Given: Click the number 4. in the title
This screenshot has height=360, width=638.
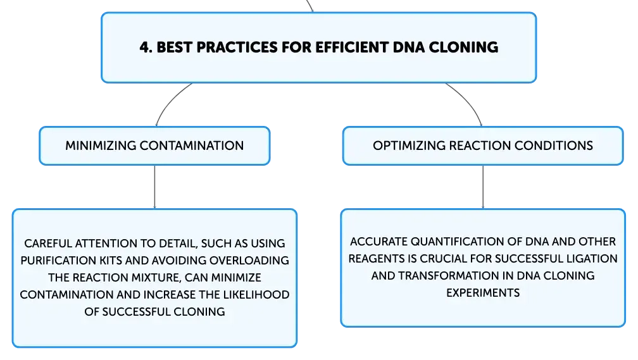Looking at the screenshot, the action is coord(146,47).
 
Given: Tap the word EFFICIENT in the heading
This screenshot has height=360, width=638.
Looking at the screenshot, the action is coord(352,47).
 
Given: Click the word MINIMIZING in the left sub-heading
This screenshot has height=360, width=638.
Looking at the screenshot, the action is coord(101,146).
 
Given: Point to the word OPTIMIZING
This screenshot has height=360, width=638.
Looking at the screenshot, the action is coord(409,146).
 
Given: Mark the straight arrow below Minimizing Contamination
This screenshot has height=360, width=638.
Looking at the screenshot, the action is coord(154,187).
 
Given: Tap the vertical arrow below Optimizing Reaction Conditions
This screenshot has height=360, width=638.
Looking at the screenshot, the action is coord(483,187).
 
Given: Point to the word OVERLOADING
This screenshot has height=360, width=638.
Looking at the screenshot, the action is coord(249,260).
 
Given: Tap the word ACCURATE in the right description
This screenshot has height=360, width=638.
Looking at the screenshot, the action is coord(378,242).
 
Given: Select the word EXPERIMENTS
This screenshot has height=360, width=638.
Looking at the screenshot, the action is coord(483,293).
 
